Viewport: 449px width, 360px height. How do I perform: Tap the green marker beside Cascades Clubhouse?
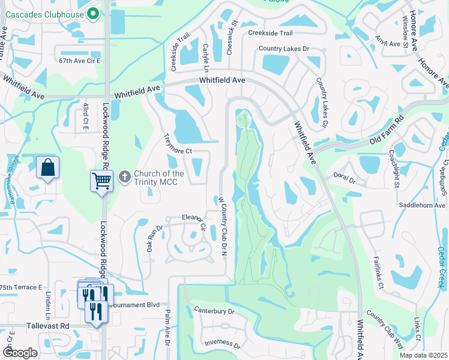[93, 13]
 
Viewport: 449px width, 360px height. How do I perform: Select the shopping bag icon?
[47, 168]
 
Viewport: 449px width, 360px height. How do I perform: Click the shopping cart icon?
[101, 180]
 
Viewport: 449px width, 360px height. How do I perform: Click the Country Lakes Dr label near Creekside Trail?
[284, 49]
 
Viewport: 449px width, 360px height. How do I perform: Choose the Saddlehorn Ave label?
[423, 205]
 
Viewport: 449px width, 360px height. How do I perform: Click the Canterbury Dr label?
[214, 311]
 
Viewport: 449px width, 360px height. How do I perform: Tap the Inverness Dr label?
[222, 345]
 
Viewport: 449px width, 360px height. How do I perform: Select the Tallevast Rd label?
[48, 326]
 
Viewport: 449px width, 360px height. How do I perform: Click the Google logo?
[20, 353]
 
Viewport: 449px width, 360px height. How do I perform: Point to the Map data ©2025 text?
[424, 355]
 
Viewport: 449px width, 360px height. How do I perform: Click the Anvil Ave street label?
[388, 44]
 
